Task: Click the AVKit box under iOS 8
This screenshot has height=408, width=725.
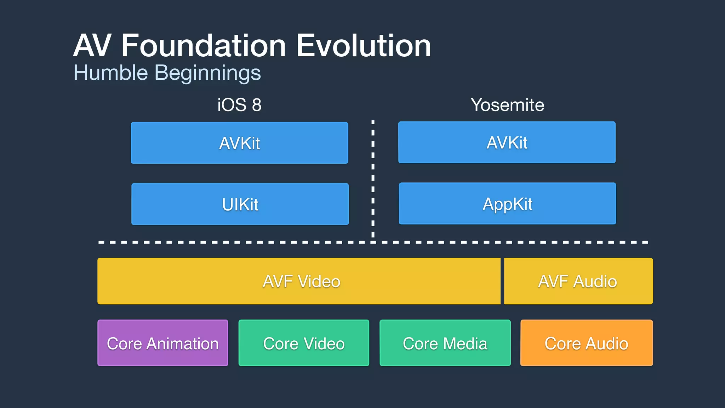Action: [239, 143]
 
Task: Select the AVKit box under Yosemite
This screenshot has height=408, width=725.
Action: [507, 142]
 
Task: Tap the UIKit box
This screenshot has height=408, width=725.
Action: [240, 204]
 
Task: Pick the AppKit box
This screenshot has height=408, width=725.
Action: [507, 204]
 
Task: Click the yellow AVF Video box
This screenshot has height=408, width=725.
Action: [299, 281]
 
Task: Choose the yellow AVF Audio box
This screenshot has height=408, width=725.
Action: [578, 281]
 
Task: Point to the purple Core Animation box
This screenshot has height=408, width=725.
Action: [163, 343]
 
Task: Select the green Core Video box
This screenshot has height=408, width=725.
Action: [304, 343]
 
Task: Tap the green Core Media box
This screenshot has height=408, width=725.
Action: [445, 343]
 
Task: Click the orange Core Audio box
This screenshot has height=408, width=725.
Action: [586, 343]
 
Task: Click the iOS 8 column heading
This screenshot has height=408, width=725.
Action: [239, 105]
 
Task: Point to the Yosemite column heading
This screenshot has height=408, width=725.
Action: [507, 105]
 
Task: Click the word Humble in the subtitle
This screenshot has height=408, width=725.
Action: [110, 73]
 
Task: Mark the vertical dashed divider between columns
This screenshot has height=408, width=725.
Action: [373, 177]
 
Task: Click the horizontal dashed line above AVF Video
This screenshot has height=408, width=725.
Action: [248, 242]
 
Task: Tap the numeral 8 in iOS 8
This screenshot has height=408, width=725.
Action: [257, 105]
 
